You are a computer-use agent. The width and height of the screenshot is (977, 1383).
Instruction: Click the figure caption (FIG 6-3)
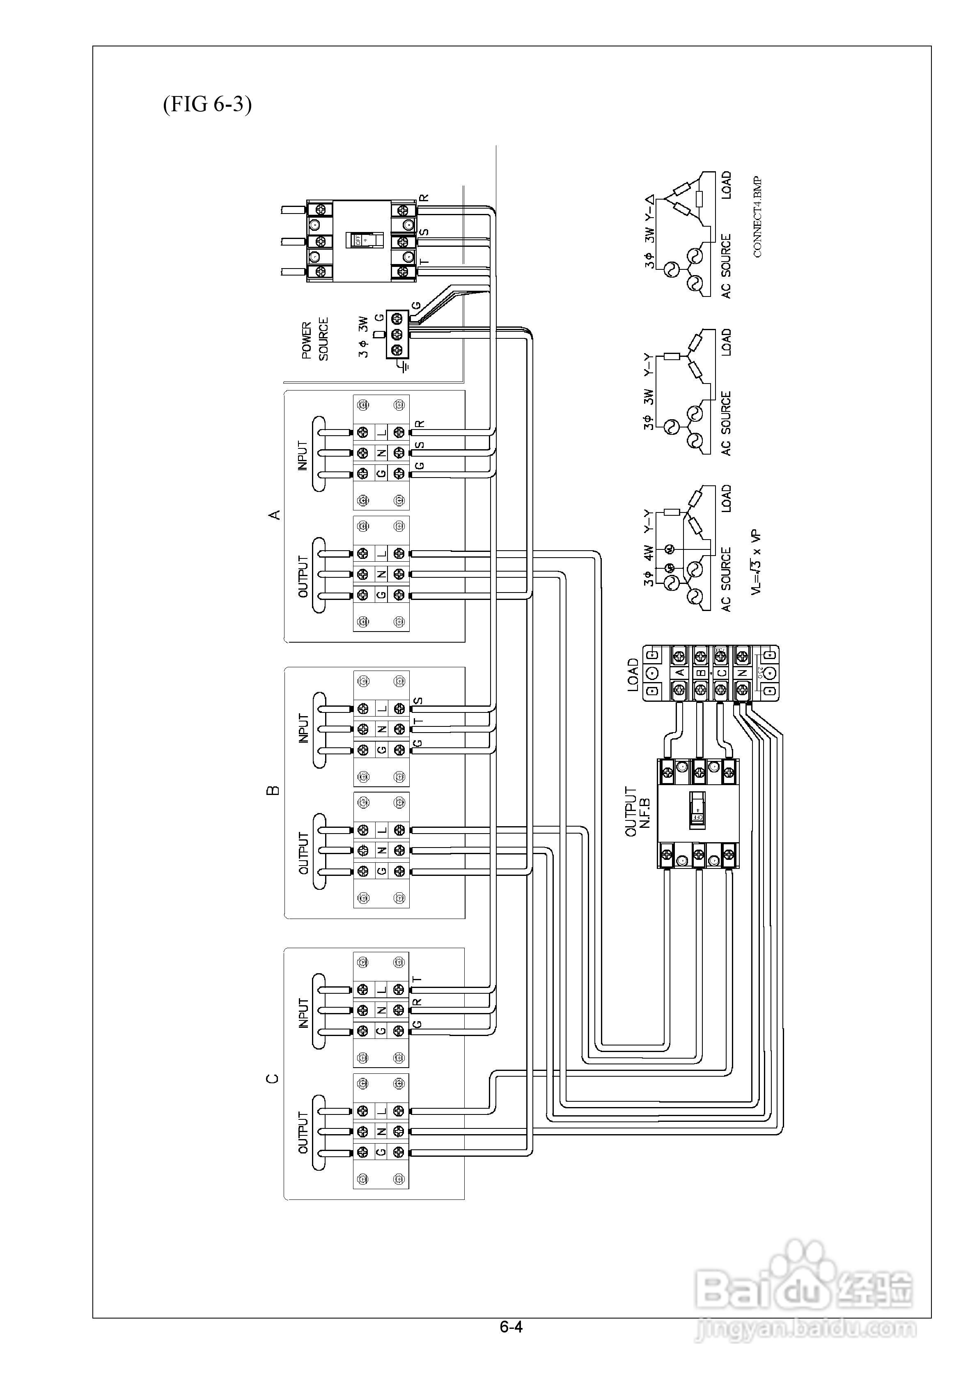207,104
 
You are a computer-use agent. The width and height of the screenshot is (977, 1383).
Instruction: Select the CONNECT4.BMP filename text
757,217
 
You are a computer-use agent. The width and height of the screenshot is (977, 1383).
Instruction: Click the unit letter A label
274,515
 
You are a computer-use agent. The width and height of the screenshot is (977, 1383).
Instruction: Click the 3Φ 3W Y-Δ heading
649,232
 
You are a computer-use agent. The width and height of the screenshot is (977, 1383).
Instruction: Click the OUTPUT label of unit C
303,1133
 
